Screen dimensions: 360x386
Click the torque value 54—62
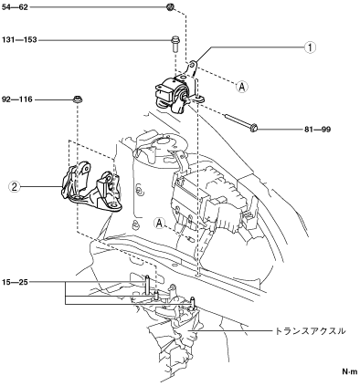coord(15,7)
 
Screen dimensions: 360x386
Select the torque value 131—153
coord(19,40)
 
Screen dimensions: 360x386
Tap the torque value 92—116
coord(17,99)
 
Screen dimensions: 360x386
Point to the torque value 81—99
coord(317,130)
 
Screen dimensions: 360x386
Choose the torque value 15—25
coord(15,282)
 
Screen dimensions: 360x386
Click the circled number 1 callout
coord(310,47)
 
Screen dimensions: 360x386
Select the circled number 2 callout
coord(14,186)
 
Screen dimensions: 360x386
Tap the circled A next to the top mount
coord(242,87)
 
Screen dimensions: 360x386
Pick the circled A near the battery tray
coord(159,224)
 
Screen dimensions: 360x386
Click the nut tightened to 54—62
coord(170,6)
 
